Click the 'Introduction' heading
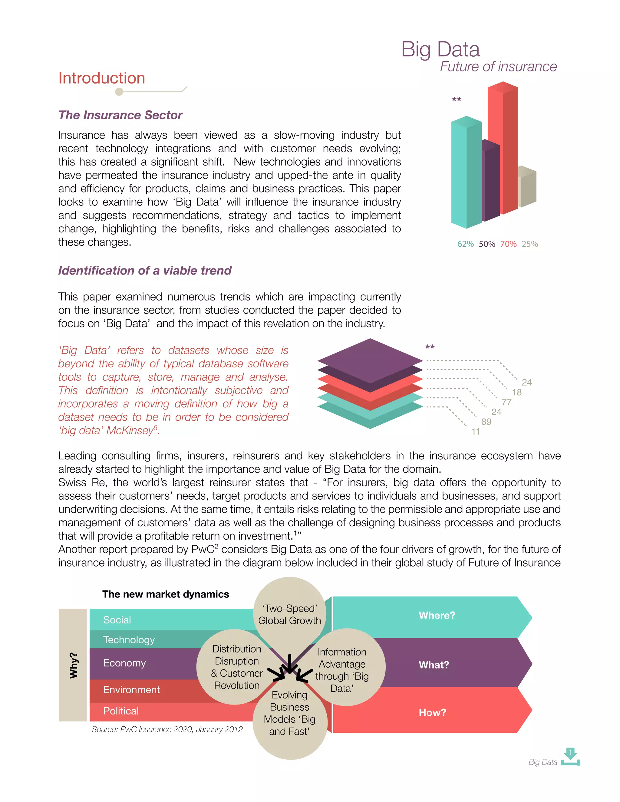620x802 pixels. pyautogui.click(x=102, y=78)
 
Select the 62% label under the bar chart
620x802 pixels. pyautogui.click(x=465, y=244)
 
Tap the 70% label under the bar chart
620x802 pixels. pyautogui.click(x=508, y=244)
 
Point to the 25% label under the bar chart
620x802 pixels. pyautogui.click(x=530, y=244)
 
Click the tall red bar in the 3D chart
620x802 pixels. pyautogui.click(x=503, y=147)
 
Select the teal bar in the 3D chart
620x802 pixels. pyautogui.click(x=466, y=173)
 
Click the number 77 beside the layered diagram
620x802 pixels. pyautogui.click(x=506, y=402)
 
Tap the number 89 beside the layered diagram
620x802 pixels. pyautogui.click(x=486, y=422)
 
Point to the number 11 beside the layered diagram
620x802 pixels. pyautogui.click(x=476, y=432)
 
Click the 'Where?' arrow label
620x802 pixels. pyautogui.click(x=437, y=616)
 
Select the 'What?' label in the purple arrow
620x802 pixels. pyautogui.click(x=434, y=665)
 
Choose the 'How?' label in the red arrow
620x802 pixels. pyautogui.click(x=432, y=712)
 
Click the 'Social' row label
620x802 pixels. pyautogui.click(x=117, y=620)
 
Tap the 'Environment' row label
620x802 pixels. pyautogui.click(x=131, y=690)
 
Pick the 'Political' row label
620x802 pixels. pyautogui.click(x=121, y=711)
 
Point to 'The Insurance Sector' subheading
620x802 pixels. pyautogui.click(x=120, y=115)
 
